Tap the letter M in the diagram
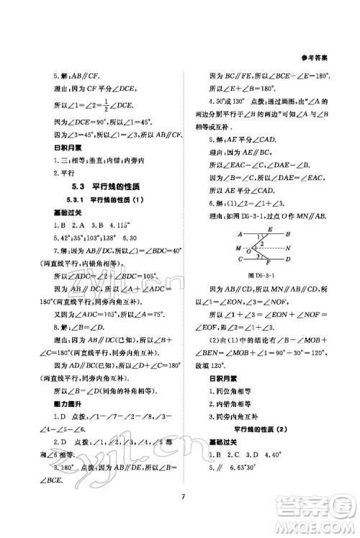pyautogui.click(x=238, y=248)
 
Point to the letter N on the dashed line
pyautogui.click(x=288, y=248)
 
